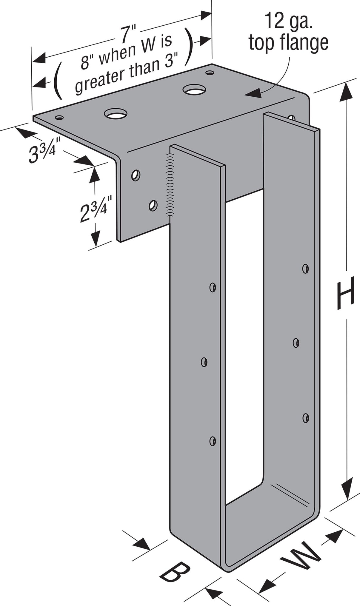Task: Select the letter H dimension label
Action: tap(345, 293)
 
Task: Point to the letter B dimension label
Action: tap(175, 571)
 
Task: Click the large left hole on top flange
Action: tap(116, 114)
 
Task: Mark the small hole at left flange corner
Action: tap(59, 118)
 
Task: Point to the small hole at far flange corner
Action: tap(210, 73)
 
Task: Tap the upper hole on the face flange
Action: tap(136, 175)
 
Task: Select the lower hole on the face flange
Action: tap(153, 205)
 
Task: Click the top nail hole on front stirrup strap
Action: tap(213, 287)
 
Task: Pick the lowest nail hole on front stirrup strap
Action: tap(213, 441)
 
